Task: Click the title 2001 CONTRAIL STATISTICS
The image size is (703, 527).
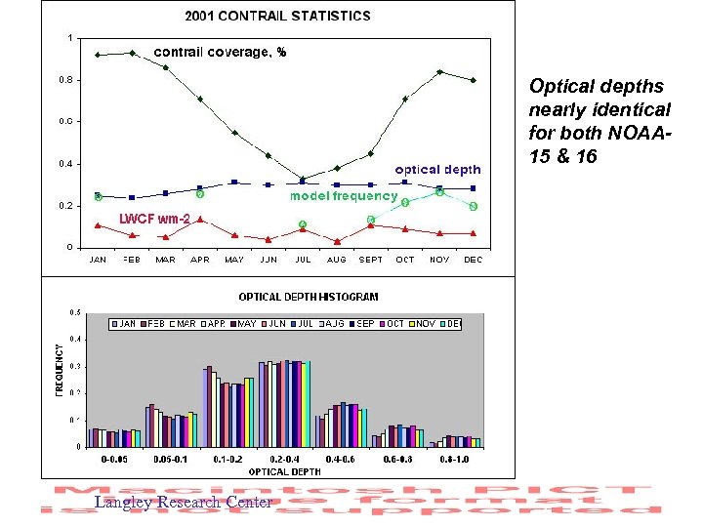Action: click(x=278, y=16)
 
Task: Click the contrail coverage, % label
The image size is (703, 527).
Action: click(x=220, y=52)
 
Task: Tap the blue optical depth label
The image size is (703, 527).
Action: click(x=437, y=170)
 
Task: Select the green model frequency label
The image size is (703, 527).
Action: click(x=344, y=196)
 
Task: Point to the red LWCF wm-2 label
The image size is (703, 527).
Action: click(x=154, y=218)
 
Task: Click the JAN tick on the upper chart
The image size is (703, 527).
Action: click(x=98, y=260)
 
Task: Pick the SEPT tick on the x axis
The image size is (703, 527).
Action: click(x=371, y=260)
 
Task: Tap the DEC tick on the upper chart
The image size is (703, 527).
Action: click(x=474, y=260)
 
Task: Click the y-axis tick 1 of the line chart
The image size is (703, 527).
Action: click(x=69, y=37)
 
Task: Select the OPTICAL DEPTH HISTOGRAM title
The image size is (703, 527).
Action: click(x=309, y=297)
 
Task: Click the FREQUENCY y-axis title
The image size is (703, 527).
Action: click(x=59, y=368)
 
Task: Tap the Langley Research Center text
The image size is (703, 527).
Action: click(x=183, y=503)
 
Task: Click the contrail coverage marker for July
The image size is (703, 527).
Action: click(x=303, y=179)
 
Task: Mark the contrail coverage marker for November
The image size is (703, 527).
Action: click(x=439, y=71)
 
